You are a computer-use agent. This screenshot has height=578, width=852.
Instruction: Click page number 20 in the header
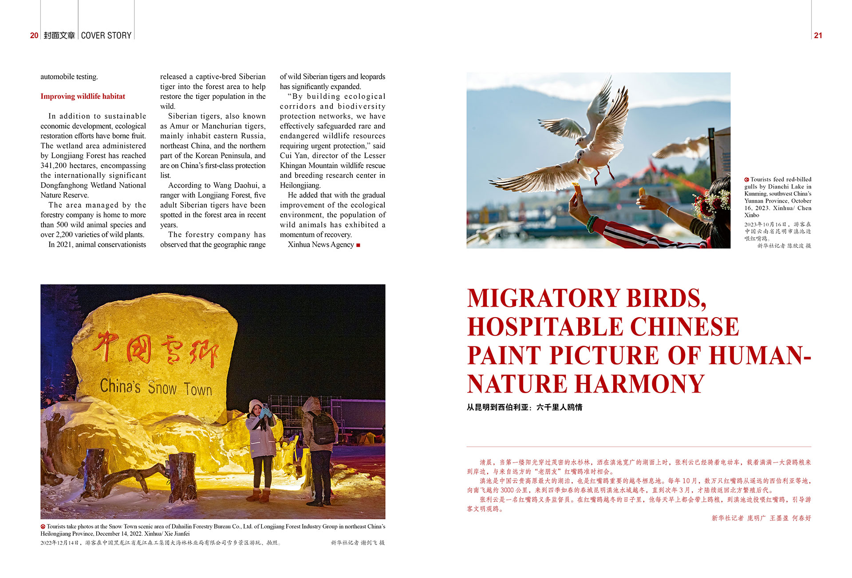tap(34, 35)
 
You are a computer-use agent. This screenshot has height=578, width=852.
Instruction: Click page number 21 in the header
tap(818, 35)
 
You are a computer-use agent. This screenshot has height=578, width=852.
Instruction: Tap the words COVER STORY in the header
tap(106, 35)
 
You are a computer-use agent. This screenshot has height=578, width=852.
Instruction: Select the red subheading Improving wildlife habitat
tap(83, 96)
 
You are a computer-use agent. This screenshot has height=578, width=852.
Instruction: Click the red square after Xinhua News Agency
tap(358, 245)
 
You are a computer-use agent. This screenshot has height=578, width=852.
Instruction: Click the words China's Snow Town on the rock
tap(156, 387)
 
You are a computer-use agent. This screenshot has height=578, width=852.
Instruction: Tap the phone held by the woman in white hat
tap(265, 406)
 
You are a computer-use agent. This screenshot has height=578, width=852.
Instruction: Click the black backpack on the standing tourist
tap(323, 428)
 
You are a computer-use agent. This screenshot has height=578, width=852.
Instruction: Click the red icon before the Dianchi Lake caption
tap(747, 180)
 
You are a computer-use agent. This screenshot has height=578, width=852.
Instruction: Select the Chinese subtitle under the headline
tap(524, 407)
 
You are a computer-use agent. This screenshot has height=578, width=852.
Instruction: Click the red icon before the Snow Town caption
tap(43, 527)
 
